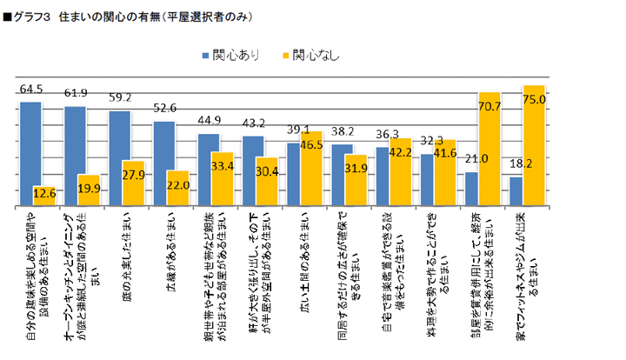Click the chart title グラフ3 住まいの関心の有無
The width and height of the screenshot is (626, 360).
tap(130, 17)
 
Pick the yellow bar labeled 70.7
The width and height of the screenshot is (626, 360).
tap(489, 149)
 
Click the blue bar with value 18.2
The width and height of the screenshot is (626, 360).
tap(515, 191)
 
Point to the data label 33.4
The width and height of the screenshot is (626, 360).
tap(225, 166)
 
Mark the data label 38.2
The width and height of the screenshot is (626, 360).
tap(345, 131)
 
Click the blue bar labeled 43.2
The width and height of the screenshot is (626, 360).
tap(252, 170)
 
